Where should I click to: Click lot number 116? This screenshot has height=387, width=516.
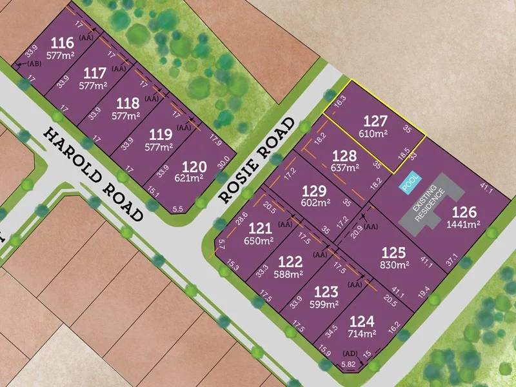(x=62, y=43)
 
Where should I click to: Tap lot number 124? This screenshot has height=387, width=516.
(x=362, y=321)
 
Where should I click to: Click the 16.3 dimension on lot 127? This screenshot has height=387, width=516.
(x=341, y=100)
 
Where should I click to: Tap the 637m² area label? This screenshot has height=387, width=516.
(x=345, y=168)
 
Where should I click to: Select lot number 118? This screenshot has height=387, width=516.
(x=127, y=103)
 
